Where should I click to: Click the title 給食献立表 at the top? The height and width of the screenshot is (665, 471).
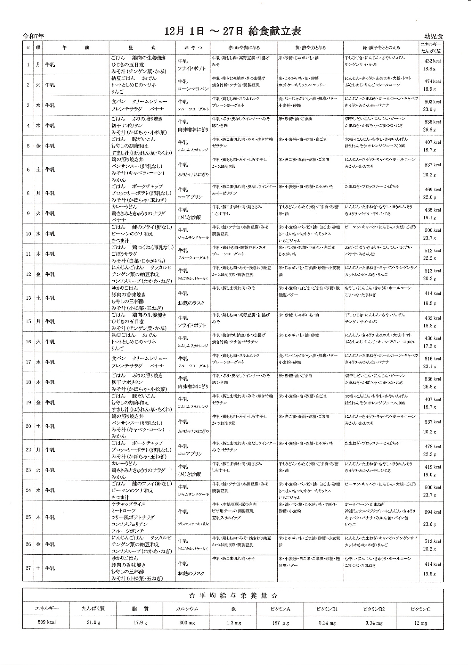coord(274,31)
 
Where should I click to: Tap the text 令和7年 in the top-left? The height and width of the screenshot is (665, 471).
coord(33,36)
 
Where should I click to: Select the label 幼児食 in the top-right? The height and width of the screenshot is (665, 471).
coord(433,36)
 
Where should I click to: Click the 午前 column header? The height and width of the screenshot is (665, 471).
coord(76,48)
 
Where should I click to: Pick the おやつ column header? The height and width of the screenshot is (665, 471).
coord(193,48)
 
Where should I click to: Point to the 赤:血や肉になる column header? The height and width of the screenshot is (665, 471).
coord(244,48)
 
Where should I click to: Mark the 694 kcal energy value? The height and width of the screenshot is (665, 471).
coord(433,512)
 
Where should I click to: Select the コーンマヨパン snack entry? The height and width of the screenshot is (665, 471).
coord(193,89)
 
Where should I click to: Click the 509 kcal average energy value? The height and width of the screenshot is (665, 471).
coord(46,623)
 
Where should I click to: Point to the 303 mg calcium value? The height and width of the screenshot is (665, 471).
coord(187,623)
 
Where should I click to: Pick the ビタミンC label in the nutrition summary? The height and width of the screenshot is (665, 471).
coord(420,609)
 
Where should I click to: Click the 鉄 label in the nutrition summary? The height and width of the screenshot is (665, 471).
coord(233,609)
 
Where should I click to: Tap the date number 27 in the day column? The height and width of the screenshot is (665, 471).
coord(28,568)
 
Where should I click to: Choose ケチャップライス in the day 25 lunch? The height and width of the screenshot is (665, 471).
coord(128,504)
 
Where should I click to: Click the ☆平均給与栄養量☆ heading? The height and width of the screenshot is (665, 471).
coord(232,596)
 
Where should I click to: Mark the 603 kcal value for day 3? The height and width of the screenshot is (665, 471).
coord(433,102)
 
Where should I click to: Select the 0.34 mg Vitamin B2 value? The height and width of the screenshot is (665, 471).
coord(373,623)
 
